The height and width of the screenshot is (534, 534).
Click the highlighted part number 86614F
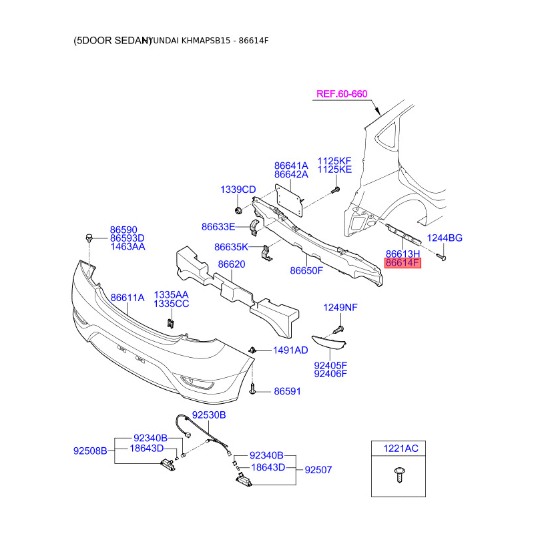pyautogui.click(x=403, y=263)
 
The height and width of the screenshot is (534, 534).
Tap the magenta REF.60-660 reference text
pyautogui.click(x=342, y=94)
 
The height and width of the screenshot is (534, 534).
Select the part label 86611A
pyautogui.click(x=127, y=298)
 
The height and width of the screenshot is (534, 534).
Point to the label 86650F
pyautogui.click(x=306, y=270)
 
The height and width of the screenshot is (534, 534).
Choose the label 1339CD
pyautogui.click(x=238, y=190)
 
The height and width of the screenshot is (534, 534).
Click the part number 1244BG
pyautogui.click(x=445, y=238)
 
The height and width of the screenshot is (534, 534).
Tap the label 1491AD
pyautogui.click(x=290, y=350)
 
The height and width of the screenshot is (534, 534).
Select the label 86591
pyautogui.click(x=287, y=391)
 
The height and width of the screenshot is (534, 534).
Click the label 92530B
pyautogui.click(x=209, y=415)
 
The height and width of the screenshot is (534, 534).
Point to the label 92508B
pyautogui.click(x=90, y=451)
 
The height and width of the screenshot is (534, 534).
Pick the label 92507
pyautogui.click(x=318, y=470)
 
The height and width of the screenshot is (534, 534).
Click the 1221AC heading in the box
pyautogui.click(x=400, y=449)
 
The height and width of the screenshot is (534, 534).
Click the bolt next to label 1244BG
pyautogui.click(x=442, y=255)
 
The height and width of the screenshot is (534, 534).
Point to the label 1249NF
pyautogui.click(x=340, y=308)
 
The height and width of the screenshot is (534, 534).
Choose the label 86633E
pyautogui.click(x=218, y=227)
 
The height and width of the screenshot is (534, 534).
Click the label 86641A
pyautogui.click(x=291, y=166)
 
